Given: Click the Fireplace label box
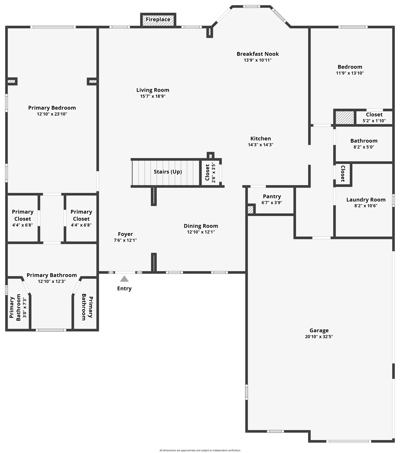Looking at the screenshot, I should coord(158,20).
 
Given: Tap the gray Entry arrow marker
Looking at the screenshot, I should coord(124,279).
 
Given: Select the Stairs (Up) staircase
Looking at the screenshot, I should coord(166,173).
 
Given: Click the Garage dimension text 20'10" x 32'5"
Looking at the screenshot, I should coord(319,337).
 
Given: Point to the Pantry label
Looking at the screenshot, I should coord(272,196).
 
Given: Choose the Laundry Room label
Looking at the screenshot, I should coord(366,200).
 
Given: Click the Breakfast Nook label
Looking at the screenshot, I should coord(258,54).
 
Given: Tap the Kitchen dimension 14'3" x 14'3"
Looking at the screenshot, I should coord(261,145).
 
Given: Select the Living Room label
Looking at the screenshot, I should coord(153,90).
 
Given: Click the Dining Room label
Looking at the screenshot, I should coord(201,226).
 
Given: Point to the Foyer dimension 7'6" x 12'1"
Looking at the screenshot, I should coord(125,240).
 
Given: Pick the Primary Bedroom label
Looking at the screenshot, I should coord(52,108).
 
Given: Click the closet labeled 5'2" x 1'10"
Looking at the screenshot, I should coord(374,117).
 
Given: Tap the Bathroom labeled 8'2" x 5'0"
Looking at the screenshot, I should coord(364,144).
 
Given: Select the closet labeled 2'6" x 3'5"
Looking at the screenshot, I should coord(210,173).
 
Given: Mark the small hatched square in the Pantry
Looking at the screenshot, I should coord(251,210).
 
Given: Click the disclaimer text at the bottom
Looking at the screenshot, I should coord(200,450).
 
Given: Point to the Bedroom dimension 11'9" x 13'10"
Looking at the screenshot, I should coord(350,73).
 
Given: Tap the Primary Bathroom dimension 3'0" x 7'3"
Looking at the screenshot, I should coord(25,308).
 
